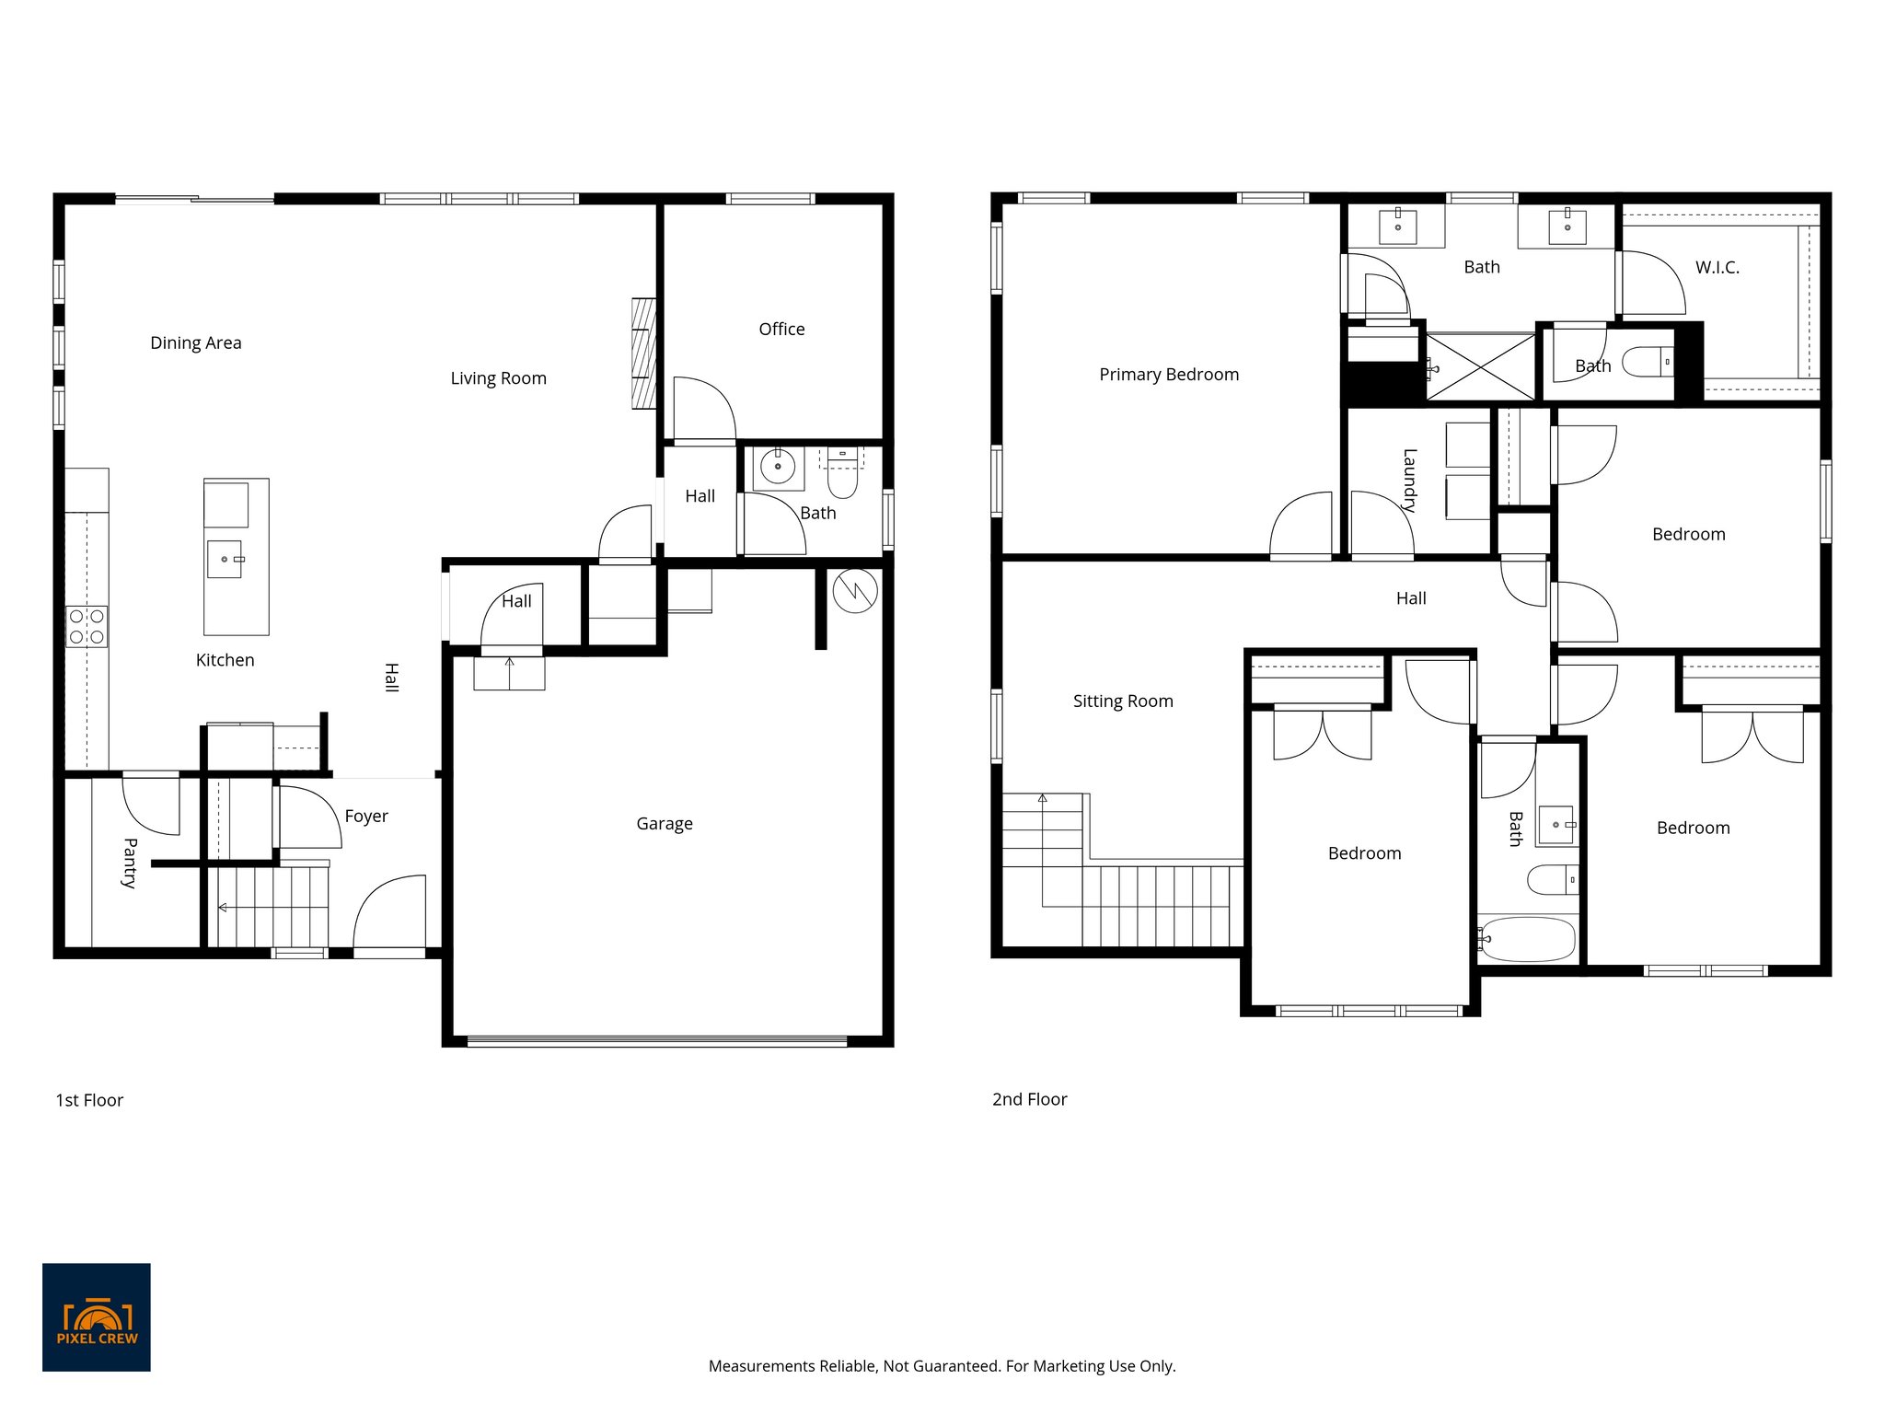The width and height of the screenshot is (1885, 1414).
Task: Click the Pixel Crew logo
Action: [x=96, y=1316]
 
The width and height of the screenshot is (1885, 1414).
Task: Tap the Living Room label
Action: [x=498, y=378]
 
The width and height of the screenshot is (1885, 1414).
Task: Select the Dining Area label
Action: [x=195, y=343]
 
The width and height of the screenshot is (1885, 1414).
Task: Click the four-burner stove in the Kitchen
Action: [x=87, y=626]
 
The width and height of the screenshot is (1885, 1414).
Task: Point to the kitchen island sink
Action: [x=225, y=559]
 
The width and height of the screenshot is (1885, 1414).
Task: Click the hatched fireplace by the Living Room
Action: [x=643, y=353]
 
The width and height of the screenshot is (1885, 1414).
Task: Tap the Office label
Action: [x=781, y=330]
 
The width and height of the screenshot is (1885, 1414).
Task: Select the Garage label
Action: [x=664, y=824]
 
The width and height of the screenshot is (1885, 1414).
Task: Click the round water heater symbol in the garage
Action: [x=854, y=591]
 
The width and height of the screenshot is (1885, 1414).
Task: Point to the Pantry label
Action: [x=130, y=863]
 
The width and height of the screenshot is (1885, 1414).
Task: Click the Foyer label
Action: [x=366, y=817]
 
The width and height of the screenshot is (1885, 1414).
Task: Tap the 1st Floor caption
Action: [x=89, y=1100]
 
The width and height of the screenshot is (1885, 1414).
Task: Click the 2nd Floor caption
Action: [x=1029, y=1099]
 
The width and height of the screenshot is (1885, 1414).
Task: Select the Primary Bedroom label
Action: [x=1169, y=375]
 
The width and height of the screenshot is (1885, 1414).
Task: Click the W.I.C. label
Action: [x=1717, y=268]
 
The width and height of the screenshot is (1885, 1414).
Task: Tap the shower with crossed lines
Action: [x=1481, y=367]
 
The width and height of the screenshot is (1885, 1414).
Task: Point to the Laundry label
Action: [x=1409, y=480]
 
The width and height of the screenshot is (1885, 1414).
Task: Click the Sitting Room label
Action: [x=1123, y=701]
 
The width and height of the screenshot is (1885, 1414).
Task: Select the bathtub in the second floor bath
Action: [x=1528, y=939]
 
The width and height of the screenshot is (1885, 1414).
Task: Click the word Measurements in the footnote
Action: [x=760, y=1366]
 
